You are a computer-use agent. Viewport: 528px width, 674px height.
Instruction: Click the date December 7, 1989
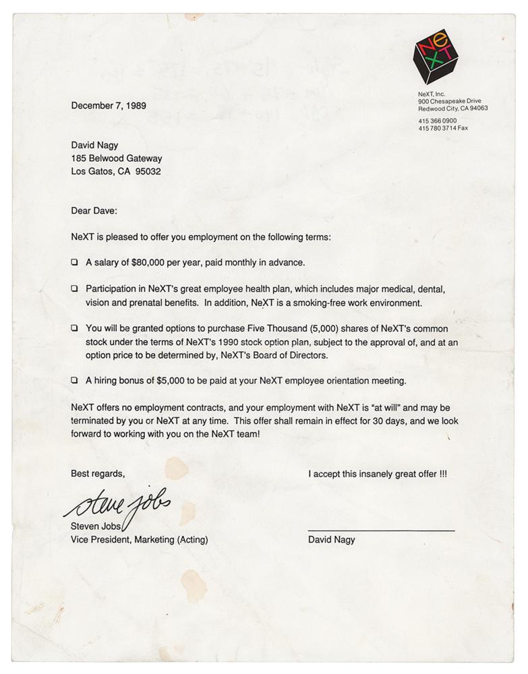tap(109, 106)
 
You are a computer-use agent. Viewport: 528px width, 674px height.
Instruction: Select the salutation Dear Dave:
tap(94, 210)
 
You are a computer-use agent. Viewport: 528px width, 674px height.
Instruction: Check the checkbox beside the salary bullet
tap(74, 262)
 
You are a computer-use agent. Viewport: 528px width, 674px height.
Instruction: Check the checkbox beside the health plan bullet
tap(74, 288)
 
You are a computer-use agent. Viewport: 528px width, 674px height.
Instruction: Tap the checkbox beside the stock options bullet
tap(74, 328)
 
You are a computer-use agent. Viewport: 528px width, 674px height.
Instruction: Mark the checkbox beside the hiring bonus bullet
tap(74, 381)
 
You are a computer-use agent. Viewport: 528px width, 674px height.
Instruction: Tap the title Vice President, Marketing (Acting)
tap(140, 539)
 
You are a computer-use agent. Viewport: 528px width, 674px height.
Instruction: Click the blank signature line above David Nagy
tap(381, 530)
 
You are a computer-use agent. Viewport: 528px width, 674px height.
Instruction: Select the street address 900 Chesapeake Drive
tap(450, 101)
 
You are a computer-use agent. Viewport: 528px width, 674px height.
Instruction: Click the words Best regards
tap(98, 474)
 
